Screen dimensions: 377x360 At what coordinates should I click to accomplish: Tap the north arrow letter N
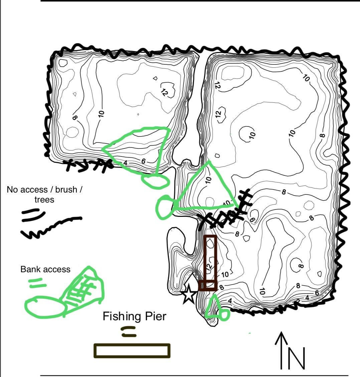pyautogui.click(x=297, y=359)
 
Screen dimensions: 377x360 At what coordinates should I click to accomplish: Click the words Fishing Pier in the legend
pyautogui.click(x=134, y=316)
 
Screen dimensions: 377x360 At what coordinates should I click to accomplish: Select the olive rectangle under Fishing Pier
pyautogui.click(x=132, y=351)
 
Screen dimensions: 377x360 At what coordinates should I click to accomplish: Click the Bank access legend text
pyautogui.click(x=45, y=269)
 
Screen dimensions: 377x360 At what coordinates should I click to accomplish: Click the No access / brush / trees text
pyautogui.click(x=44, y=194)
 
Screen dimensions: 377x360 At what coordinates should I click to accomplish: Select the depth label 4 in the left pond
pyautogui.click(x=126, y=163)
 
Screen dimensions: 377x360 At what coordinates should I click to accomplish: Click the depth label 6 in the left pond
pyautogui.click(x=143, y=161)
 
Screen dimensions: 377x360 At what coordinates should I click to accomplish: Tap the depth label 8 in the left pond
pyautogui.click(x=74, y=117)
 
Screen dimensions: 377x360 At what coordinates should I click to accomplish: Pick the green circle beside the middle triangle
pyautogui.click(x=165, y=208)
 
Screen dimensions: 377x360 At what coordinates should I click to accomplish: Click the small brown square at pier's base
pyautogui.click(x=207, y=286)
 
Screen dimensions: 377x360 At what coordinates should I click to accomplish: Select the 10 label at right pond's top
pyautogui.click(x=306, y=78)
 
